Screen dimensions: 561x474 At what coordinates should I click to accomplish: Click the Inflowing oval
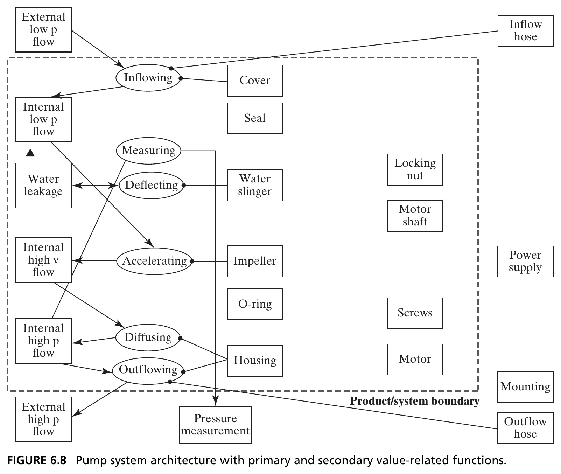(x=148, y=77)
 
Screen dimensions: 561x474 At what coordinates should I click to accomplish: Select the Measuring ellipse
(x=148, y=151)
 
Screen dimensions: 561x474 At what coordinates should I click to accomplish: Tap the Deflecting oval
(x=152, y=185)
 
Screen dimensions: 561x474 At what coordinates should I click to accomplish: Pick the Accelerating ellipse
(x=154, y=261)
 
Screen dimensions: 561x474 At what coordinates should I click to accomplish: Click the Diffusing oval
(x=148, y=337)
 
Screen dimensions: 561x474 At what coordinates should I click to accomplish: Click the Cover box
(x=255, y=81)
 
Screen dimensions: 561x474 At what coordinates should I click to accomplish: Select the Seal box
(x=255, y=118)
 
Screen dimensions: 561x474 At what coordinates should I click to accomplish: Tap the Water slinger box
(x=255, y=185)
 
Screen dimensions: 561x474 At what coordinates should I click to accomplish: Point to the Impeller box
(x=255, y=261)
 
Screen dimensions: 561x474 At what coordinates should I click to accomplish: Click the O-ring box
(x=255, y=304)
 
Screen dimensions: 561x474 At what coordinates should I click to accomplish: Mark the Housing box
(x=255, y=361)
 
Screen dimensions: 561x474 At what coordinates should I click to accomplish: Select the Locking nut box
(x=415, y=169)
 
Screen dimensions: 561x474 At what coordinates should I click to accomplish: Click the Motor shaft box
(x=415, y=216)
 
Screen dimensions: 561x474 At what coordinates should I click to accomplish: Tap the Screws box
(x=415, y=313)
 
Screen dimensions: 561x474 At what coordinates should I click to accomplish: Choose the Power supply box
(x=525, y=262)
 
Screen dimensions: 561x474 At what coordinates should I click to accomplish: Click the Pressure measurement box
(x=216, y=425)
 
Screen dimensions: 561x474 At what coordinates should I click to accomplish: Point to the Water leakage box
(x=43, y=186)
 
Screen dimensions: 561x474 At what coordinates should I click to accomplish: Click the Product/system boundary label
(x=415, y=401)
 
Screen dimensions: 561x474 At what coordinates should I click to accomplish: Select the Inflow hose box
(x=526, y=31)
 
